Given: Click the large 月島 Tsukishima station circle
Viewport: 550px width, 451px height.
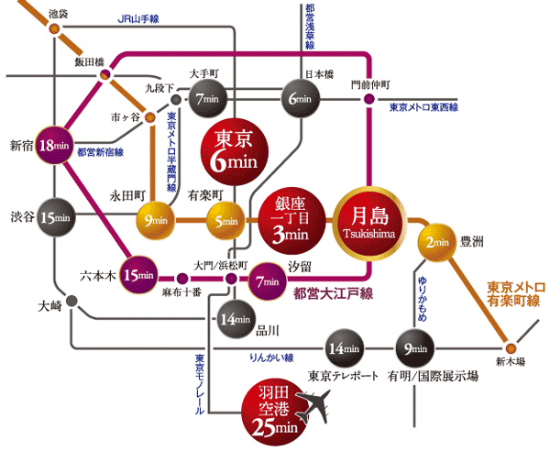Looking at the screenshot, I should (x=369, y=221).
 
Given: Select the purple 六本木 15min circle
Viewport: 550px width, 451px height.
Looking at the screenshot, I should (x=140, y=275).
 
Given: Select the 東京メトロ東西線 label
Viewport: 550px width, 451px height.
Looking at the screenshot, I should (x=423, y=107).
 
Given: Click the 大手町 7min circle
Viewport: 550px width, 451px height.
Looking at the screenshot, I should (x=207, y=97).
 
